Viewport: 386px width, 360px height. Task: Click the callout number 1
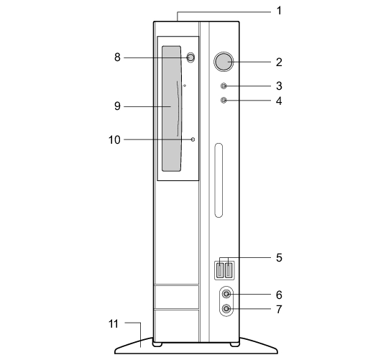tap(279, 11)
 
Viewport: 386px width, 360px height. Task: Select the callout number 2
tap(279, 63)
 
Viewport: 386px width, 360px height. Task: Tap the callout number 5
tap(279, 258)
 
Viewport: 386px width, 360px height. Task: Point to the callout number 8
tap(117, 57)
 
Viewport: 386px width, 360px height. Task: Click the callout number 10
tap(114, 140)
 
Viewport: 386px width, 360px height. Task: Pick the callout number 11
tap(114, 324)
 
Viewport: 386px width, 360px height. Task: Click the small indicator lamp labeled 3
tap(224, 86)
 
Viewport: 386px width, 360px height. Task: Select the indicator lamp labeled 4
tap(224, 100)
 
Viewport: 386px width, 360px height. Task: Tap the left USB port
tap(221, 270)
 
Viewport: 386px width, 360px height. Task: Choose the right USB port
tap(229, 270)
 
